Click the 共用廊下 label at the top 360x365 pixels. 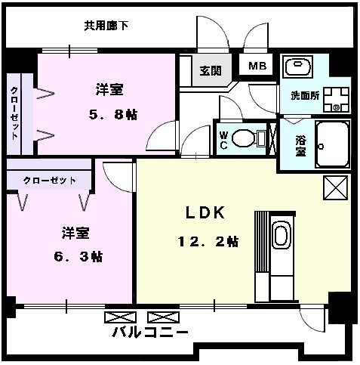pyautogui.click(x=106, y=26)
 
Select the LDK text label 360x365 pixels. pyautogui.click(x=206, y=213)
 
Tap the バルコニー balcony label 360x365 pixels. pyautogui.click(x=150, y=333)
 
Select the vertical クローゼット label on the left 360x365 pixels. pyautogui.click(x=14, y=113)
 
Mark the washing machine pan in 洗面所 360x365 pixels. pyautogui.click(x=333, y=97)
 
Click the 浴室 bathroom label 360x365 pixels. pyautogui.click(x=300, y=144)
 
